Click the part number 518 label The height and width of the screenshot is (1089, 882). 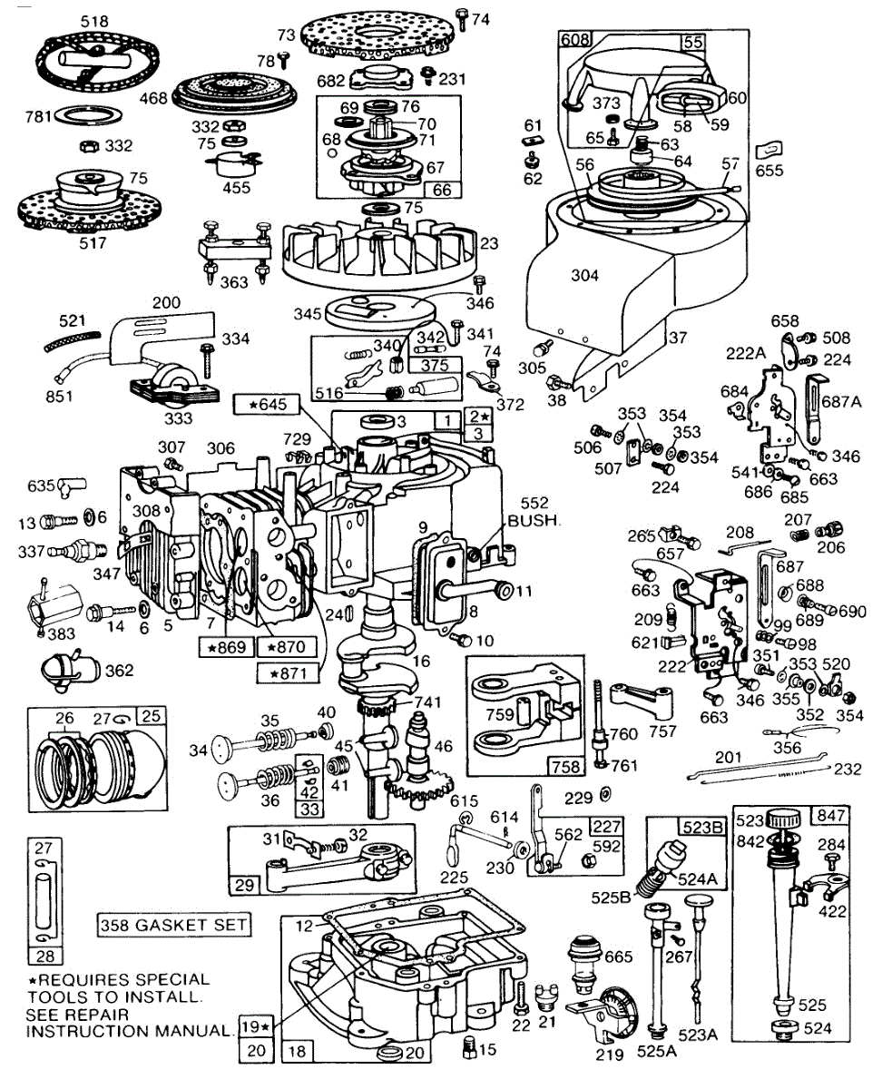(94, 22)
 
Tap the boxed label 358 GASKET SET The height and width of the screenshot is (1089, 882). (174, 925)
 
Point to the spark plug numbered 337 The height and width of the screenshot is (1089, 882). (77, 552)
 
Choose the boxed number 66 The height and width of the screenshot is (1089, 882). (442, 190)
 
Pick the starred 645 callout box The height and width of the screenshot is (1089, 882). (267, 405)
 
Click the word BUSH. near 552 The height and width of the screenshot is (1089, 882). (534, 521)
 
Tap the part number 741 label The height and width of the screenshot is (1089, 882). (428, 701)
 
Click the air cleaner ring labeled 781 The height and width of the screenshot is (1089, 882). (87, 115)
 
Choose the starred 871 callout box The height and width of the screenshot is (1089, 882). (288, 673)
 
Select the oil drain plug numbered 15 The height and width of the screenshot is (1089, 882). (469, 1049)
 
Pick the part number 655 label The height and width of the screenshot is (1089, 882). (769, 171)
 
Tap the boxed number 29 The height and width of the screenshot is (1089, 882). (244, 885)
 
